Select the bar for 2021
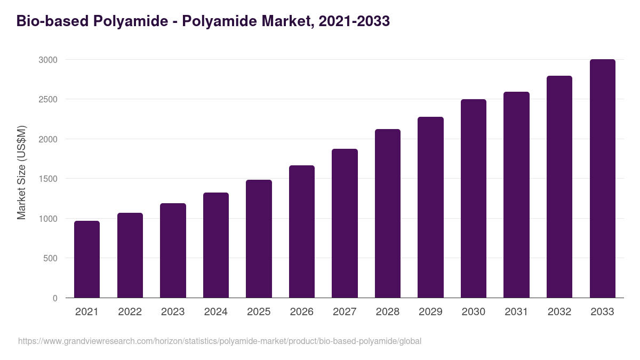(87, 259)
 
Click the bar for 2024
(216, 245)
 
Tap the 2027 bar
(345, 223)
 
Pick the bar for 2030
(474, 198)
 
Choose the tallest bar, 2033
(602, 179)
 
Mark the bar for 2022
(130, 255)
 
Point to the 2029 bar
(430, 207)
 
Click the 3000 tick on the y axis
(48, 60)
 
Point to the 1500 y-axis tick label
(48, 179)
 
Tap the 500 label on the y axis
(50, 259)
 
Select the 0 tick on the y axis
(55, 298)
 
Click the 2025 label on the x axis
(259, 312)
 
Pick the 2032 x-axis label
(559, 312)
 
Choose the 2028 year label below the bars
(388, 312)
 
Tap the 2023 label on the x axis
(173, 312)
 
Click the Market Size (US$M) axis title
(21, 172)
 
